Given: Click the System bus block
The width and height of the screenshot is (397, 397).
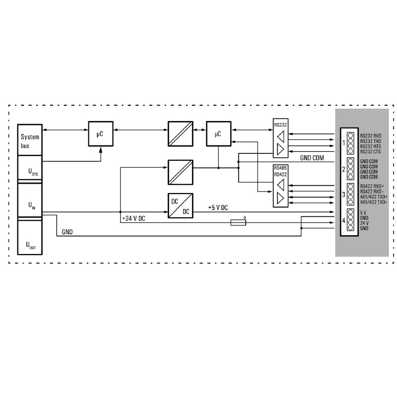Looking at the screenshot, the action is pos(30,140).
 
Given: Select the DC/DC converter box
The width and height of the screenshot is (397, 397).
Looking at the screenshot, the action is pos(180,205).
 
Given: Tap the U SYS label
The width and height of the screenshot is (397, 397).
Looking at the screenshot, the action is pos(33,172).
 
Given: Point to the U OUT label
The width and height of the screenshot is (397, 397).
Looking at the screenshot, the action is pos(31,245).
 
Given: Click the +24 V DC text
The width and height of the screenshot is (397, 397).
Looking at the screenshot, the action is pos(133,218).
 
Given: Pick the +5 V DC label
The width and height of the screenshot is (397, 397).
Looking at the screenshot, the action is pos(218,207).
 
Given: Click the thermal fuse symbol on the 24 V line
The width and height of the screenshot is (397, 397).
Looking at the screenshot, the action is pos(238,222).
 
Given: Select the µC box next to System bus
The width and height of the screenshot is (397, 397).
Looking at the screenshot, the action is pos(101,133).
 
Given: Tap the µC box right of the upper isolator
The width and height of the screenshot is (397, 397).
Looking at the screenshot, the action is pos(218,133).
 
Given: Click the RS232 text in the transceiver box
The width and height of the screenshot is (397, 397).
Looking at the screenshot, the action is pos(280,125).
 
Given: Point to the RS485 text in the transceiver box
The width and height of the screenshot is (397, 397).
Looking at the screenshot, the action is pos(280,168).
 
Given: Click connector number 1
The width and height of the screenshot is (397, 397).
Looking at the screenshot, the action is pos(343,143).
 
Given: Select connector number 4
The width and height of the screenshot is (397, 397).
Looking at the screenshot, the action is pos(343,220).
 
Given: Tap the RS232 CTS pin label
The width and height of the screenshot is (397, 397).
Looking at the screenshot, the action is pos(370,152).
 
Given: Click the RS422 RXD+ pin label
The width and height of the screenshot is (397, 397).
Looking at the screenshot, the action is pos(372,187).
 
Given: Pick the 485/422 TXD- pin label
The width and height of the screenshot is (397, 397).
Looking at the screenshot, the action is pos(374,202).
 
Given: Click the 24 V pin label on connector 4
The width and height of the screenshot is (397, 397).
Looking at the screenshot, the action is pos(364,223).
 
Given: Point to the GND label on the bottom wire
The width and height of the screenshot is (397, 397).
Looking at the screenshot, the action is pos(67,232).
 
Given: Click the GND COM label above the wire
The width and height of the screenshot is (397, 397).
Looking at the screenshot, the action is pos(312,158).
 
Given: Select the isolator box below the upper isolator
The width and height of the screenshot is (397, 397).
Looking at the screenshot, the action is pos(180,172).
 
